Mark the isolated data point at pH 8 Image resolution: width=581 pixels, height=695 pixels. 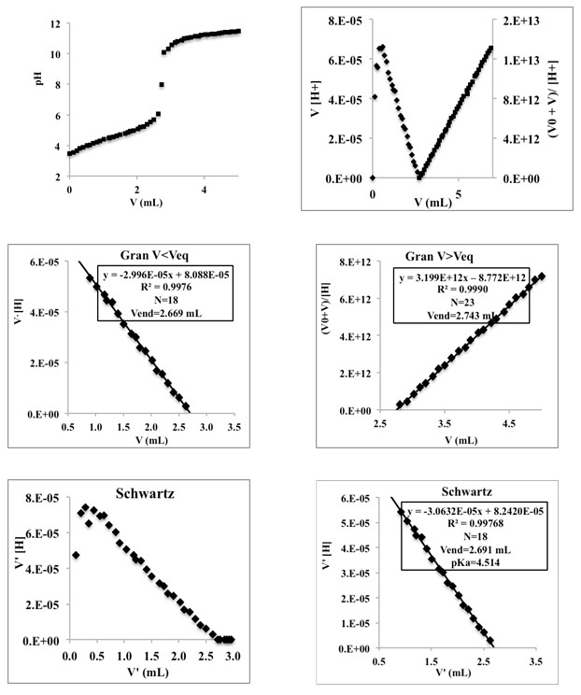tap(162, 85)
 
